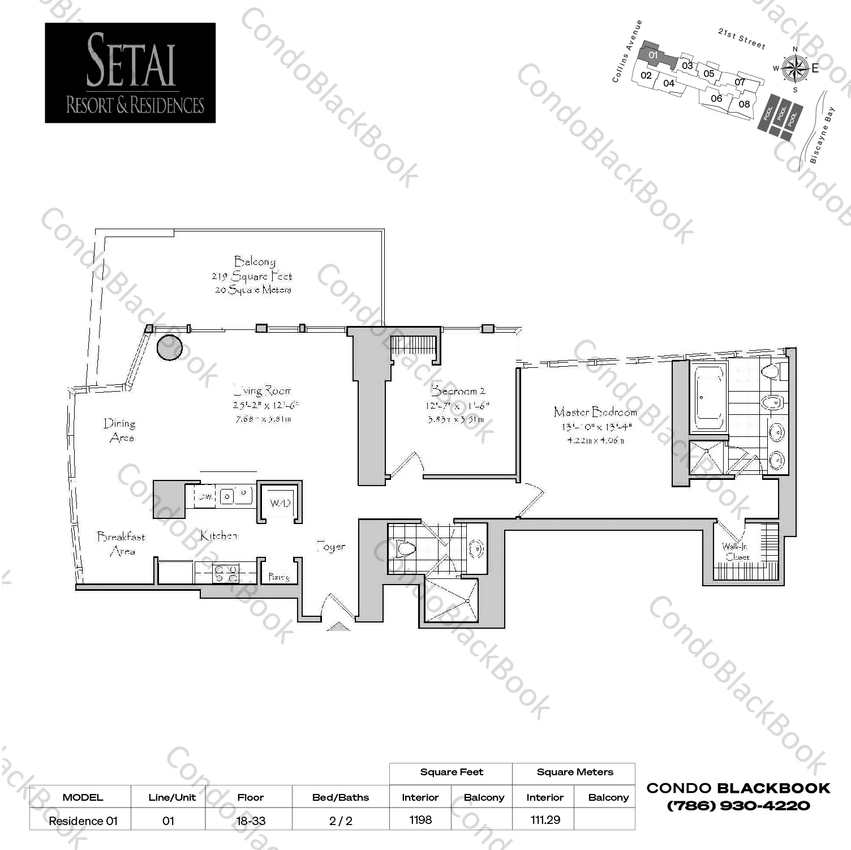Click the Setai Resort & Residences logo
(130, 73)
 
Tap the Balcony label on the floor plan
(255, 261)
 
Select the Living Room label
(263, 390)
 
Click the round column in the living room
(169, 347)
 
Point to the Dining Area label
(120, 430)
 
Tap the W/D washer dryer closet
(280, 503)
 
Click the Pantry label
(279, 577)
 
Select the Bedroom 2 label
(458, 390)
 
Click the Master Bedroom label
(595, 412)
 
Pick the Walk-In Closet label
(736, 551)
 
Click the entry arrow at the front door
(338, 626)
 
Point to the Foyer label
(330, 546)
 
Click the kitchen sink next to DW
(235, 496)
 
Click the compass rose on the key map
(795, 69)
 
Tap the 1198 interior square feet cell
(420, 819)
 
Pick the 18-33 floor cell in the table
(250, 821)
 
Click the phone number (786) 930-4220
(738, 805)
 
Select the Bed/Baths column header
(340, 797)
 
